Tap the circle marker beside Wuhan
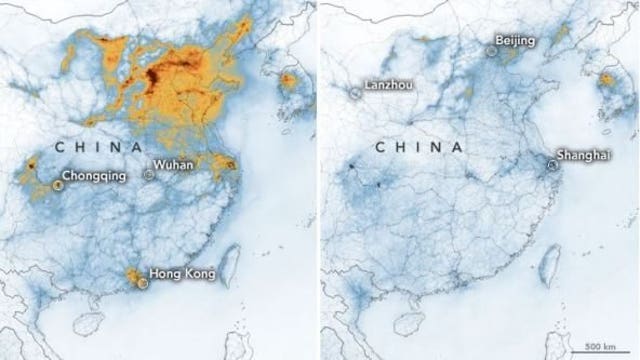149,174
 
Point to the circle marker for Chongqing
58,183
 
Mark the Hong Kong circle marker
142,283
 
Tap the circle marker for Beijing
492,49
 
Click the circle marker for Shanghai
554,166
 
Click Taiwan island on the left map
224,265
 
